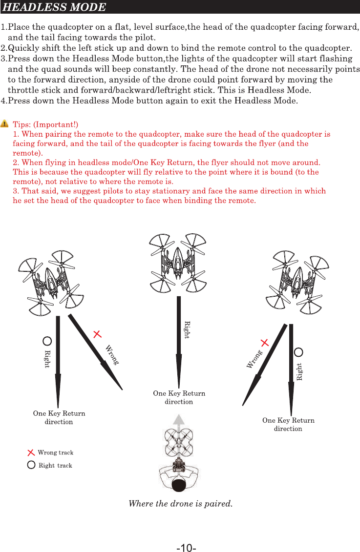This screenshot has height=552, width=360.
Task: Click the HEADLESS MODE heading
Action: pos(54,7)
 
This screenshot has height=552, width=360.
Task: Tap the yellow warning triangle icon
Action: pos(5,125)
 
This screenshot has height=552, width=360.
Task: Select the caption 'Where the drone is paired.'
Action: pos(180,503)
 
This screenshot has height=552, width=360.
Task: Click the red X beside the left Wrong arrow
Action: pos(97,334)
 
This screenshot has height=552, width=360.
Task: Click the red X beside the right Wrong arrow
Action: pos(265,343)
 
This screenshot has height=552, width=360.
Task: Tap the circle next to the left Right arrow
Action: pos(47,341)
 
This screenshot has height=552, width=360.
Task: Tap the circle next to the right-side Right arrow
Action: pos(299,352)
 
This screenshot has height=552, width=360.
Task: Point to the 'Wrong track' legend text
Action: pos(55,453)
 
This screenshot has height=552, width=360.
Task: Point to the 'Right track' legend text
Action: pos(55,466)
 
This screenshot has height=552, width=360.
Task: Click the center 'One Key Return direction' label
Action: pos(179,397)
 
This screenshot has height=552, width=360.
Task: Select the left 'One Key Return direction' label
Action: pos(59,417)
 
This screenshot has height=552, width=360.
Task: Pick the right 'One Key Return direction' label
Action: pos(288,424)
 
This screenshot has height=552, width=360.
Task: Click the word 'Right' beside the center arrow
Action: pos(186,330)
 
